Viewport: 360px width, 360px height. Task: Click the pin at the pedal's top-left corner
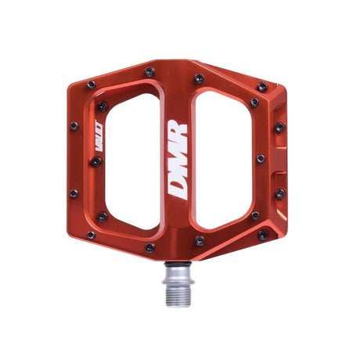coord(91,85)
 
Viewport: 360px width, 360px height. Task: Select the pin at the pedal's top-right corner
coord(262,87)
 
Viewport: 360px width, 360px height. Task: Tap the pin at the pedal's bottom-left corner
coord(91,235)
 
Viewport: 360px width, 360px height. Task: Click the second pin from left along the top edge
coord(149,72)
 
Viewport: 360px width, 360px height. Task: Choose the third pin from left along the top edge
coord(200,78)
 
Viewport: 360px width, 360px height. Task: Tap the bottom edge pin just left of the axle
coord(149,247)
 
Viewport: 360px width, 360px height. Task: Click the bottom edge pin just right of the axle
coord(200,241)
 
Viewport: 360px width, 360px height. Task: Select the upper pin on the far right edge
coord(279,127)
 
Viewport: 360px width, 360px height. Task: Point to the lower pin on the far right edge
coord(279,193)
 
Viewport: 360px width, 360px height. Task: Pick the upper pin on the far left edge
coord(74,126)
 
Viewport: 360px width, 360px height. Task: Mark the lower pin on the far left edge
coord(74,193)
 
